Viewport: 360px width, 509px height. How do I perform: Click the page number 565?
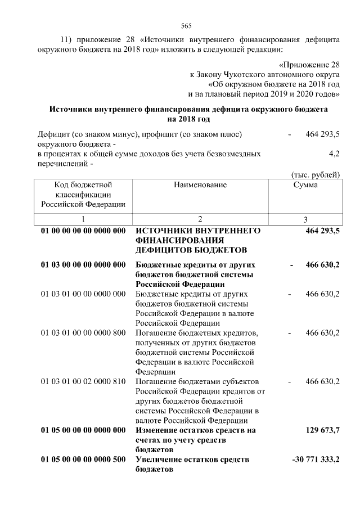click(186, 26)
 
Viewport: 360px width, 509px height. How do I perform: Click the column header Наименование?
click(200, 185)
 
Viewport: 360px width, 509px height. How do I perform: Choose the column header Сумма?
click(305, 185)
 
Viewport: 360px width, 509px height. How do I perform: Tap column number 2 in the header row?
click(200, 219)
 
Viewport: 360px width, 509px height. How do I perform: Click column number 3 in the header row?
click(305, 219)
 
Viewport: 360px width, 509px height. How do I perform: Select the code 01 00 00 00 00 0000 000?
click(83, 231)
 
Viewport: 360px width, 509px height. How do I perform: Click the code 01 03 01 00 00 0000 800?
click(83, 333)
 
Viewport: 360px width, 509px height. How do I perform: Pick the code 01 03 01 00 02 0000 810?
click(83, 382)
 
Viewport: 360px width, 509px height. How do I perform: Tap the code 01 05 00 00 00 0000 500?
click(83, 461)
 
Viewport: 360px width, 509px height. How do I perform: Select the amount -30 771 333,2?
click(316, 461)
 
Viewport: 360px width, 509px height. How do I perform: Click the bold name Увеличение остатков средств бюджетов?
click(192, 465)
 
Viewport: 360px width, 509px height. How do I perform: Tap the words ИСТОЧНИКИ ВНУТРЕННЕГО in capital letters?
click(197, 231)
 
